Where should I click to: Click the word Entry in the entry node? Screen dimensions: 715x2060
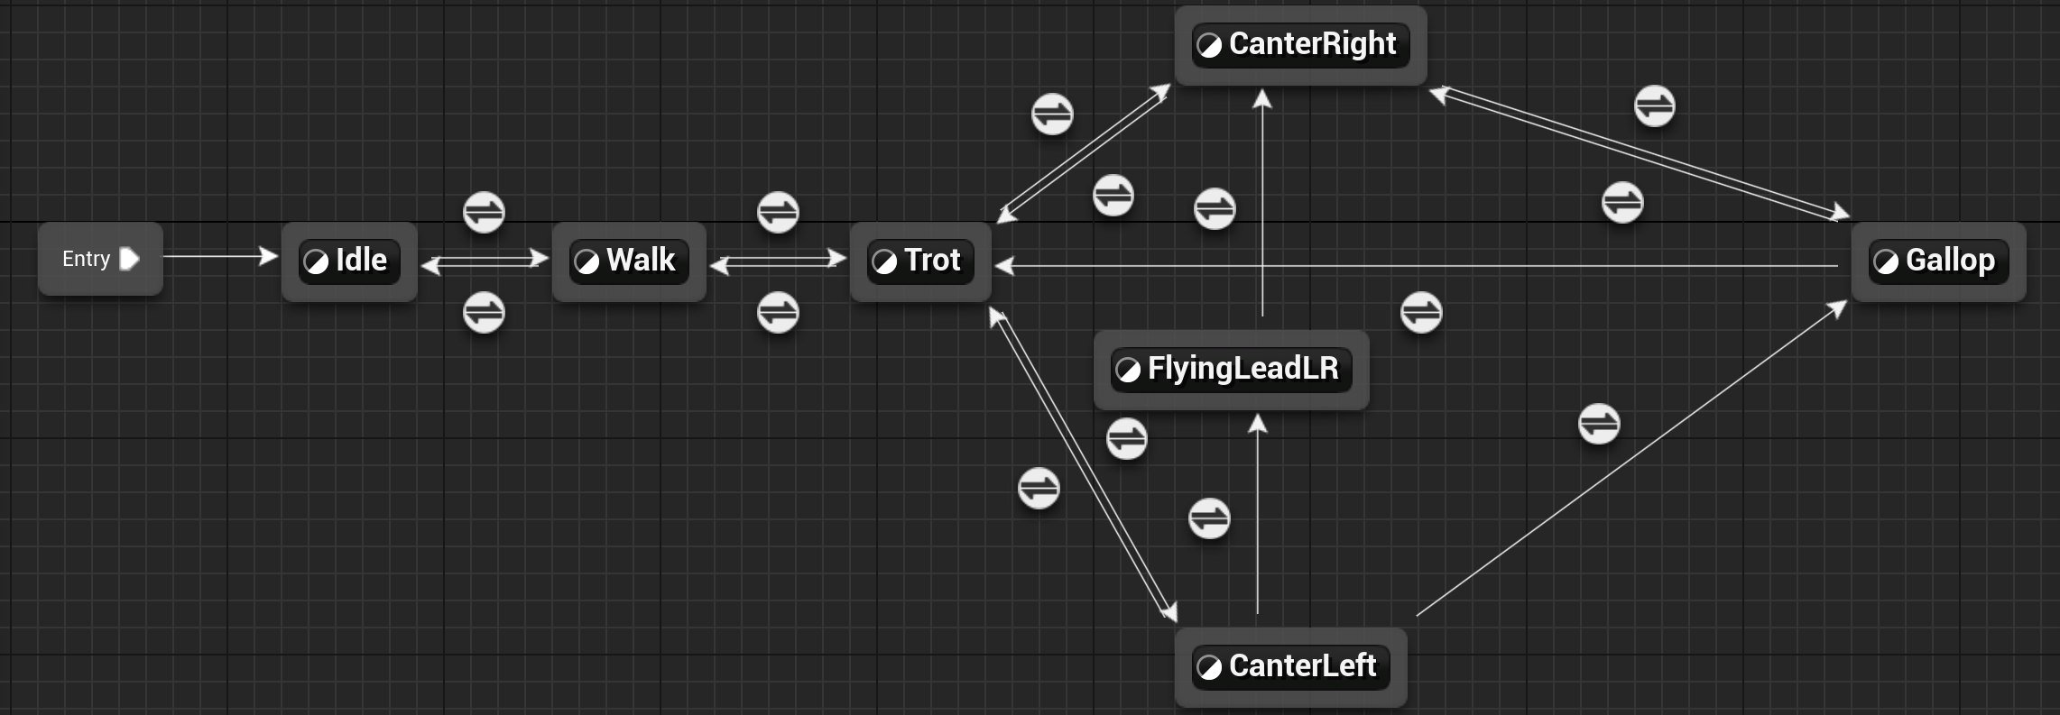click(86, 259)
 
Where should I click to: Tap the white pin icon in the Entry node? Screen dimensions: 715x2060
click(129, 259)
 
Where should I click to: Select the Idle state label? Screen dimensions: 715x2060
click(361, 261)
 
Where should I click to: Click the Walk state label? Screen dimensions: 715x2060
click(641, 261)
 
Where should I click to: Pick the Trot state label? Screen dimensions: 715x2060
click(932, 261)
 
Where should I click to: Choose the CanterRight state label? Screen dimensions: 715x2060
click(1312, 44)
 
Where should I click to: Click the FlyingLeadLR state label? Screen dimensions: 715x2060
click(1242, 369)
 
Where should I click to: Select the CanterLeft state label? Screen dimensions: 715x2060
click(1302, 666)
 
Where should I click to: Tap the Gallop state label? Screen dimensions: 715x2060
click(1950, 261)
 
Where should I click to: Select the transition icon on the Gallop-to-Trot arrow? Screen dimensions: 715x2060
click(1421, 313)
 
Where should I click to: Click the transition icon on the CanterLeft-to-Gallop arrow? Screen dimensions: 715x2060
click(1599, 424)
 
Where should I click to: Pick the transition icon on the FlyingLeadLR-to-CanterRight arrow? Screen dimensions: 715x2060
click(1215, 209)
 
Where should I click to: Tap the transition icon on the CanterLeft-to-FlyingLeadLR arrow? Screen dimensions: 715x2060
click(1209, 518)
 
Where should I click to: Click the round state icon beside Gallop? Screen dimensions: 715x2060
click(1886, 262)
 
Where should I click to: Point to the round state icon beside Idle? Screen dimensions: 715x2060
click(316, 262)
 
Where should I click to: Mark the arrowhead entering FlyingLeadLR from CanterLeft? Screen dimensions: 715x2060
click(1258, 423)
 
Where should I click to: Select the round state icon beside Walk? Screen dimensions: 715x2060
click(587, 262)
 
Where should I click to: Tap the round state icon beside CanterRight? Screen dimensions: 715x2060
click(1209, 45)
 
